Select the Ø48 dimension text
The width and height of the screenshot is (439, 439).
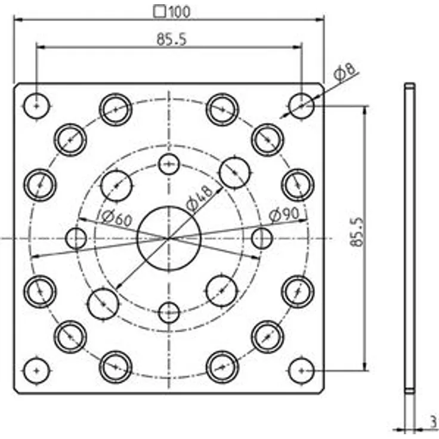(200, 198)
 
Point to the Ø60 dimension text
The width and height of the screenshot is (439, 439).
(116, 218)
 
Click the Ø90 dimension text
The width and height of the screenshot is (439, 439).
(284, 215)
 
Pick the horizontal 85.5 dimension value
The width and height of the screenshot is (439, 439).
(171, 39)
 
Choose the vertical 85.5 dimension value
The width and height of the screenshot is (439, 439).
(357, 231)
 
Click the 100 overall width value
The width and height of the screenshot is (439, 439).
(180, 12)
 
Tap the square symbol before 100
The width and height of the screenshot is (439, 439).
(160, 12)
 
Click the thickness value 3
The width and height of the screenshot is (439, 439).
(433, 421)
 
